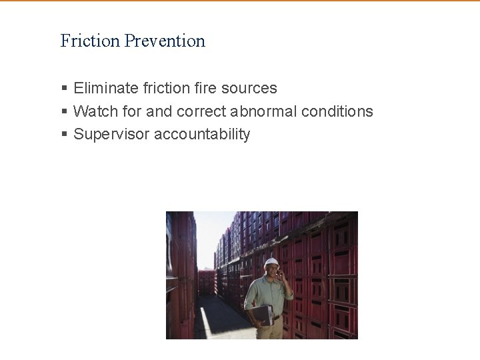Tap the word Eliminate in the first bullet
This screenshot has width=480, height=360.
tap(106, 88)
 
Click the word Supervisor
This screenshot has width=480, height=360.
tap(111, 134)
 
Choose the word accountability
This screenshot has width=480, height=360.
tap(202, 134)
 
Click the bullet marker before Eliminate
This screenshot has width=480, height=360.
tap(64, 88)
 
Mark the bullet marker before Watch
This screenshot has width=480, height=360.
tap(64, 111)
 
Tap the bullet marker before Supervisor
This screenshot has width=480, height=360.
tap(64, 134)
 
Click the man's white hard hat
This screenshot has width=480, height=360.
tap(270, 263)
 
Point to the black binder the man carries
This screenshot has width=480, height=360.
tap(261, 314)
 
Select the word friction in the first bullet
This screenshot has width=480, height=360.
tap(165, 88)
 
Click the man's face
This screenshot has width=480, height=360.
tap(271, 272)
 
